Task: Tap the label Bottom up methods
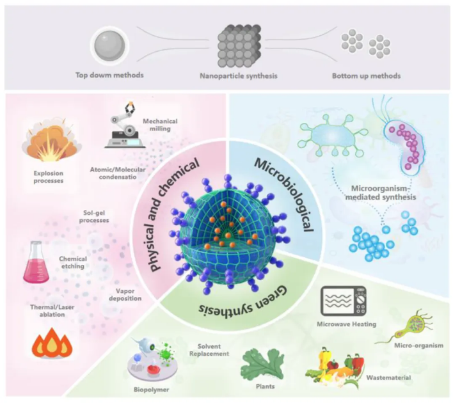point(366,76)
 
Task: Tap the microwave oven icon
point(342,301)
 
